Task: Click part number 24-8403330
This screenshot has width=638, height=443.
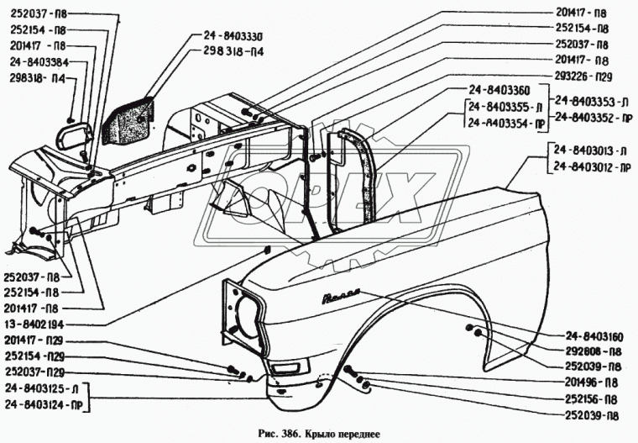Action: [x=233, y=36]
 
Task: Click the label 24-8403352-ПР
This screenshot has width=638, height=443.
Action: [x=593, y=117]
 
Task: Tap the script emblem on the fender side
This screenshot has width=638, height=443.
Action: [x=339, y=296]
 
